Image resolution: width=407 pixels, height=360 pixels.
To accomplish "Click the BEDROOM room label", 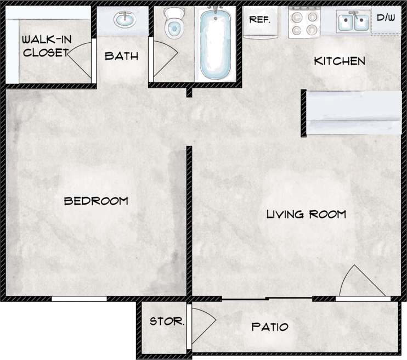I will (x=96, y=201).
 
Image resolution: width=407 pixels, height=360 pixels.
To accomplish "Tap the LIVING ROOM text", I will (x=306, y=214).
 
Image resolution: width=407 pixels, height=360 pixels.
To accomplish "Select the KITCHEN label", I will (x=339, y=61).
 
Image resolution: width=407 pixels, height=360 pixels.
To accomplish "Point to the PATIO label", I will (x=269, y=327).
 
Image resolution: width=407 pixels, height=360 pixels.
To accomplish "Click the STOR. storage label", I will (x=167, y=322).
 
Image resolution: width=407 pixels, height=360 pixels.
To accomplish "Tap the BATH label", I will (x=121, y=56).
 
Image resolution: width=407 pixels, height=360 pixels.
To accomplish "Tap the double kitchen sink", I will (x=353, y=22).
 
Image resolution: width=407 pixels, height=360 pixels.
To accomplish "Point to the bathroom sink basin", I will (x=125, y=20).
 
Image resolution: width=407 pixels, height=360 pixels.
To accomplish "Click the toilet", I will (x=174, y=22).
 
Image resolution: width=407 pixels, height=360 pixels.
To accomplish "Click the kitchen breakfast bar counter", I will (x=353, y=113).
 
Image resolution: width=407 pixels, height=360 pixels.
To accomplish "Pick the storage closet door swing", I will (x=200, y=327).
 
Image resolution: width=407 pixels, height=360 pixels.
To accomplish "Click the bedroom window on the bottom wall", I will (x=79, y=299).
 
